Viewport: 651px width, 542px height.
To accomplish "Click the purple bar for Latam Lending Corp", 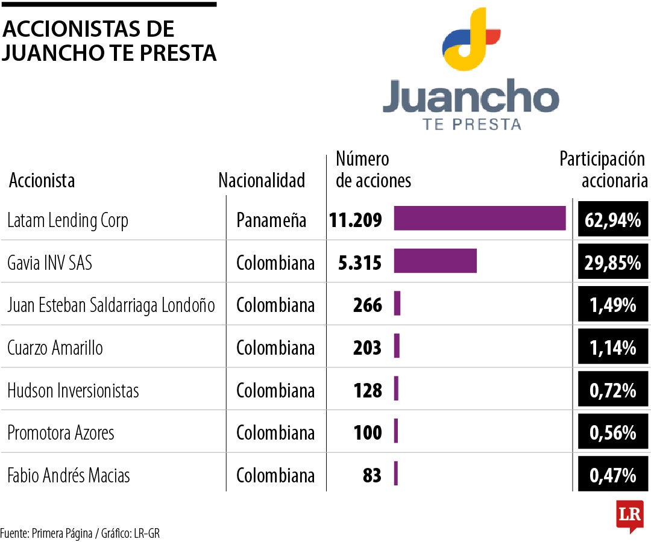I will [x=480, y=218].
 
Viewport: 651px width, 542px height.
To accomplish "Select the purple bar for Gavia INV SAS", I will [x=435, y=261].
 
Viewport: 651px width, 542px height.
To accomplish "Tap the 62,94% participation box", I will [x=612, y=220].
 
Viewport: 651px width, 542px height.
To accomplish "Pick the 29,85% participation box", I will [x=612, y=263].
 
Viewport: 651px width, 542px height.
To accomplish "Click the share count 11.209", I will [x=356, y=220].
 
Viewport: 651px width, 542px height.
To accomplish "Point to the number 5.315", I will [x=360, y=263].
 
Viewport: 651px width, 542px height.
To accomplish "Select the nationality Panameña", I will [x=271, y=220].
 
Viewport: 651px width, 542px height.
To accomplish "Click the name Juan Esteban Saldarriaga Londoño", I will [x=111, y=305].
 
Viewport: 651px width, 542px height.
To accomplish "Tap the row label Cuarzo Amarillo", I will [x=55, y=347].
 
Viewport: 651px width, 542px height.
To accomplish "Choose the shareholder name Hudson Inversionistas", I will [x=73, y=390].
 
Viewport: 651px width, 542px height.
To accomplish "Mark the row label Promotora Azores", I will [x=60, y=432].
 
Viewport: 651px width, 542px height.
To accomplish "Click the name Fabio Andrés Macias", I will [x=68, y=475].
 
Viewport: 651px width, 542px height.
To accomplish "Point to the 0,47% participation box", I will [x=612, y=475].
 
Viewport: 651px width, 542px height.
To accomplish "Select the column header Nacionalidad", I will [x=262, y=180].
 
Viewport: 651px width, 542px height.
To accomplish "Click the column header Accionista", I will [x=42, y=180].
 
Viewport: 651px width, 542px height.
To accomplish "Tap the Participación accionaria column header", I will [x=603, y=170].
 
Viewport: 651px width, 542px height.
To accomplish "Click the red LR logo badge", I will [x=629, y=516].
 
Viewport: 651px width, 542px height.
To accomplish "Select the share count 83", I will [x=372, y=475].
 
